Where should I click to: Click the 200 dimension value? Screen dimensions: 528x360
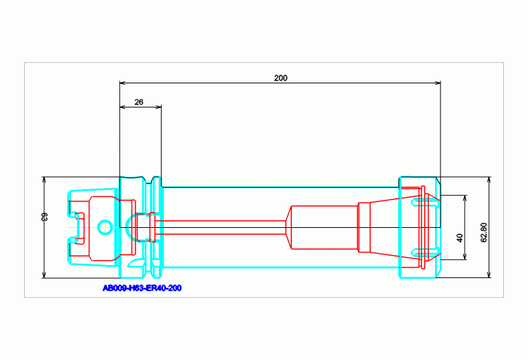280,78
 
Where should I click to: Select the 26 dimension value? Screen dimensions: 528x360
139,102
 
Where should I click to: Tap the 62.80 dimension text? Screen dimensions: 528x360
484,233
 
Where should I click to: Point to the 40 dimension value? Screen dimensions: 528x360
460,238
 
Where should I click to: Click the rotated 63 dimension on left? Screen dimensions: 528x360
45,217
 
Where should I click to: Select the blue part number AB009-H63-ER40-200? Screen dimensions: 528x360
142,288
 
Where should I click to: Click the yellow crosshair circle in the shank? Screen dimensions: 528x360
105,227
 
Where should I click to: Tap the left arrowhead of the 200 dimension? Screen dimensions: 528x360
123,83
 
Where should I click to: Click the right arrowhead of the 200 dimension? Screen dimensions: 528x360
438,83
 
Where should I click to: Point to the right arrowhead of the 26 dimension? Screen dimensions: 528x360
158,107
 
